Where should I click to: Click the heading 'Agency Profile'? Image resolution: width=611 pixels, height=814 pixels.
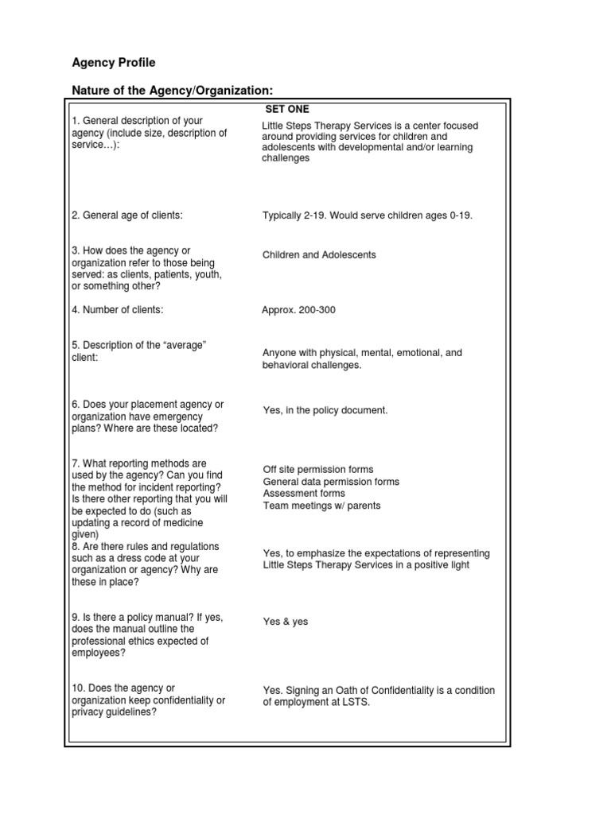tap(114, 62)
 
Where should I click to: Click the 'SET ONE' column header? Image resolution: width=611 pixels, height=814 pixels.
tap(287, 109)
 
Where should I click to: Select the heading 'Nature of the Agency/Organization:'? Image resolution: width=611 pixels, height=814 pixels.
tap(177, 89)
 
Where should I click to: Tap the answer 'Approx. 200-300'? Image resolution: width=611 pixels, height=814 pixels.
tap(298, 310)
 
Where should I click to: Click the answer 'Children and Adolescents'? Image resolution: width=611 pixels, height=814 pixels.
tap(319, 255)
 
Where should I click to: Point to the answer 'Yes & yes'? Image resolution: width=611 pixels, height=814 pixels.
tap(285, 622)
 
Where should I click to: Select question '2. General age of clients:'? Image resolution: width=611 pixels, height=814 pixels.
tap(127, 215)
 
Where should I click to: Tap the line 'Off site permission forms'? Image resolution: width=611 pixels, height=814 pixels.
tap(318, 470)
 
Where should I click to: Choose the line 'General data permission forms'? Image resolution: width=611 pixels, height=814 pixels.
tap(331, 482)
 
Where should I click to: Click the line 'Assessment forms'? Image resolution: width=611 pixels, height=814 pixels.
tap(304, 494)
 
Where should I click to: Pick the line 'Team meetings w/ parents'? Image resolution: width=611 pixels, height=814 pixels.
tap(321, 506)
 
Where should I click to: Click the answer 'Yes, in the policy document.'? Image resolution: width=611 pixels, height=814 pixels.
tap(325, 411)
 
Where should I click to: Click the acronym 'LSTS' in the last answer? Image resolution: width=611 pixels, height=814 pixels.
tap(356, 703)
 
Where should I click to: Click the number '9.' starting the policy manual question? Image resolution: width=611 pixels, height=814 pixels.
tap(76, 617)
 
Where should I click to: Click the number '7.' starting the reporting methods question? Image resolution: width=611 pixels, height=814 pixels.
tap(76, 463)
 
